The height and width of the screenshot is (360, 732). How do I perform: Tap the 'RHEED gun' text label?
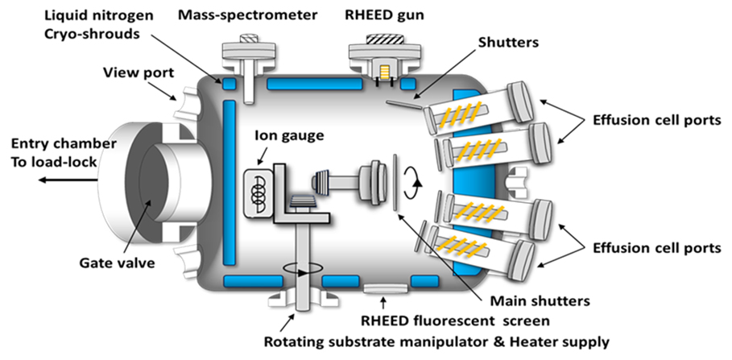click(377, 14)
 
